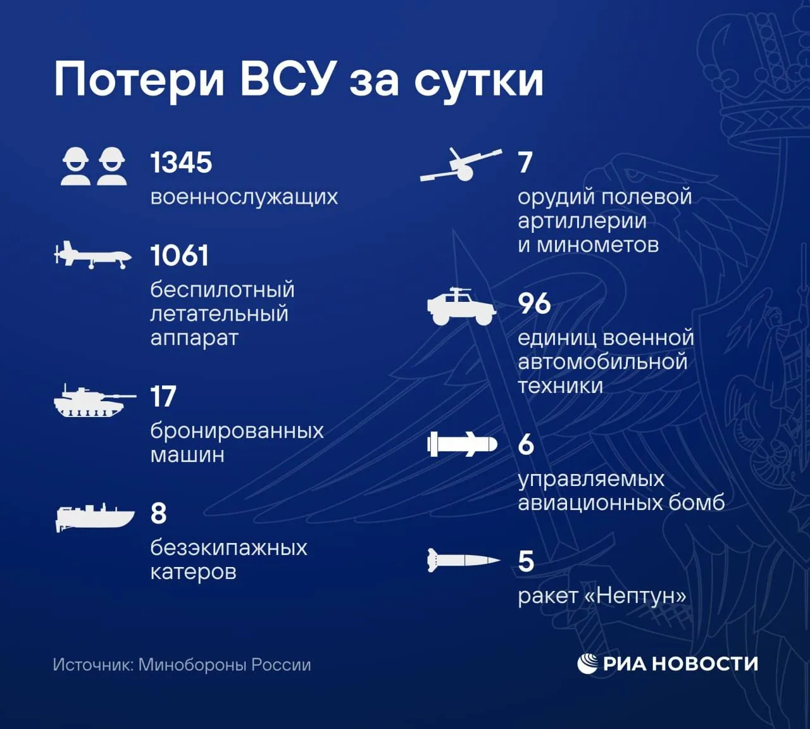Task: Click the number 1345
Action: tap(181, 163)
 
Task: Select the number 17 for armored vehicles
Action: tap(163, 396)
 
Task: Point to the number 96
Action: tap(534, 303)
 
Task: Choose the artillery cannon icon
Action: tap(461, 165)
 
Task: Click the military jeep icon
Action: tap(461, 306)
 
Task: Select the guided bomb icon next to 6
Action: tap(462, 444)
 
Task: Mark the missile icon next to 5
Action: tap(464, 560)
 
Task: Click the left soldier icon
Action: tap(75, 166)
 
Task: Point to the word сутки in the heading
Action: tap(479, 83)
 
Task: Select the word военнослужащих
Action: tap(244, 197)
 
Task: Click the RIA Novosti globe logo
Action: tap(587, 664)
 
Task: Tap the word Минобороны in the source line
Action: tap(192, 665)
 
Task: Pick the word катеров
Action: tap(194, 572)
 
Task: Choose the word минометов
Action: tap(597, 245)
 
